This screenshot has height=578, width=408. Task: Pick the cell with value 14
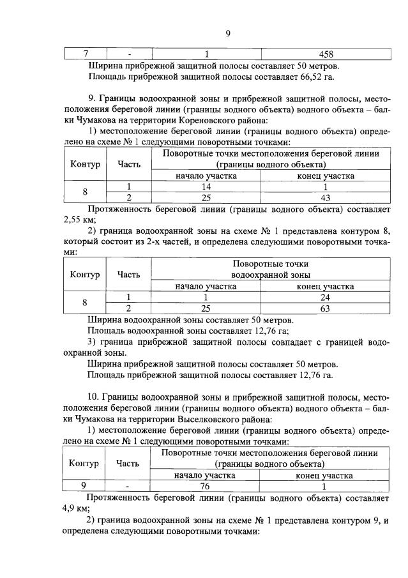tap(206, 186)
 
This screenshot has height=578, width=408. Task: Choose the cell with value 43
tap(326, 197)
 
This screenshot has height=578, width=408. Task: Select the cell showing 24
tap(326, 297)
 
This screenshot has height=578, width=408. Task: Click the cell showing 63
tap(326, 308)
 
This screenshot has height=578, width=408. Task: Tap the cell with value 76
tap(205, 485)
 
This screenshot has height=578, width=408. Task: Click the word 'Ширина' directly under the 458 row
tap(105, 66)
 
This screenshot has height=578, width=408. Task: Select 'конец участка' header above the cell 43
tap(326, 176)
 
